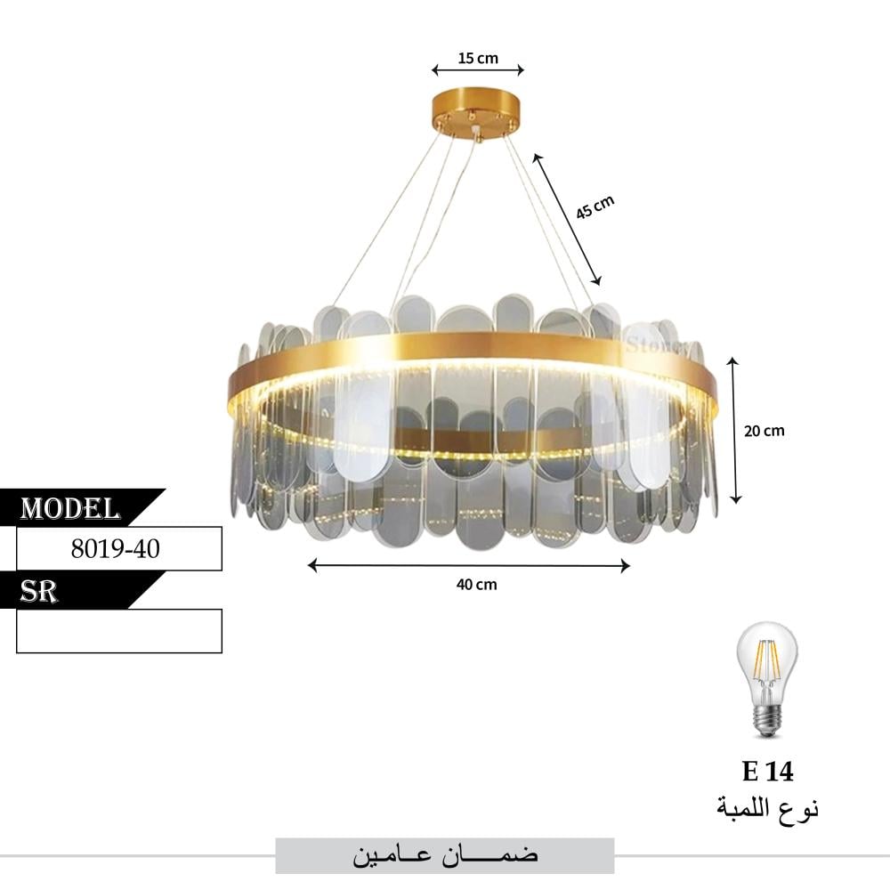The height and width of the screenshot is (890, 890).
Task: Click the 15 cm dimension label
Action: point(478,59)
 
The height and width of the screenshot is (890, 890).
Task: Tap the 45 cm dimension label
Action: point(595,207)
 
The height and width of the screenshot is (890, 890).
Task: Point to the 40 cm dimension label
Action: point(476,585)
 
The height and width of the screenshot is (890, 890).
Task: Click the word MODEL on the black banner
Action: point(70,508)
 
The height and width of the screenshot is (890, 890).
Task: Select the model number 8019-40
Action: point(116,549)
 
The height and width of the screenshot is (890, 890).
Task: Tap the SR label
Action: point(40,592)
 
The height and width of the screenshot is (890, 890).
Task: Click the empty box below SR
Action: point(119,631)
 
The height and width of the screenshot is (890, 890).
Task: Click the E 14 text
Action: point(767,772)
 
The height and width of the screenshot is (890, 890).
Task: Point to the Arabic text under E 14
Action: point(767,808)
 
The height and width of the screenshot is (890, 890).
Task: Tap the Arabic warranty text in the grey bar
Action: point(445,856)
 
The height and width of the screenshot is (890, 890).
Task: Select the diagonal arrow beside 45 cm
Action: point(567,219)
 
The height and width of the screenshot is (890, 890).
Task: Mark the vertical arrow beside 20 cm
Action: point(735,430)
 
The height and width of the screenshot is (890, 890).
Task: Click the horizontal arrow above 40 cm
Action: point(469,565)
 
